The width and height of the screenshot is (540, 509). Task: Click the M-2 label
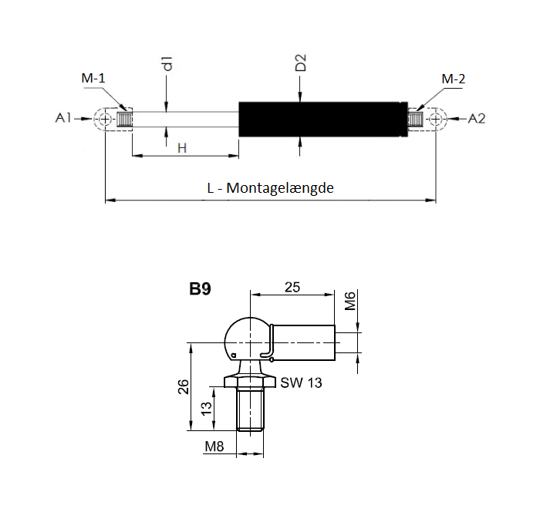(453, 79)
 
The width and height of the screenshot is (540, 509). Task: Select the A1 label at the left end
(63, 118)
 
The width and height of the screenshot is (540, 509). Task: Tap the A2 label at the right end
(477, 118)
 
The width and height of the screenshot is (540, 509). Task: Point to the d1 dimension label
(166, 65)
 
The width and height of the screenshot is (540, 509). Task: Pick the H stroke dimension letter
(182, 147)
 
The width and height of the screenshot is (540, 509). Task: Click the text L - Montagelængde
(270, 187)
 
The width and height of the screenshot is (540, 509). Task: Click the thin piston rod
(185, 119)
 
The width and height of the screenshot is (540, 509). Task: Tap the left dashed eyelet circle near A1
(105, 119)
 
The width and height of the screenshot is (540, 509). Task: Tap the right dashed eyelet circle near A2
(437, 119)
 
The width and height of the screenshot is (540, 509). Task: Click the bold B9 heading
(201, 291)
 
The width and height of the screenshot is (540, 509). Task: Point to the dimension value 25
(292, 287)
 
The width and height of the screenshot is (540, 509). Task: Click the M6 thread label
(349, 302)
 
